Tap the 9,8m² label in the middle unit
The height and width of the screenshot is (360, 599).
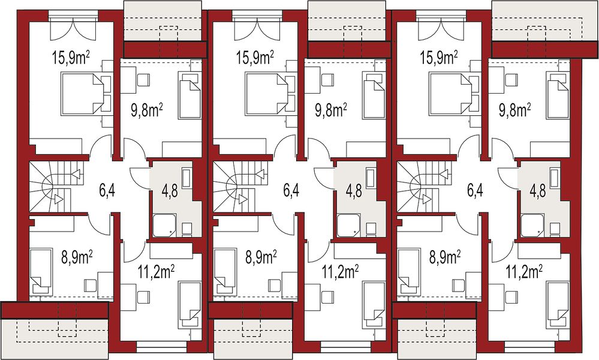coord(331,110)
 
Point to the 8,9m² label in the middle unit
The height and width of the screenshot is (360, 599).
coord(261,257)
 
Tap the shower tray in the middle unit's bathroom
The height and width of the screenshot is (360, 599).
coord(348,226)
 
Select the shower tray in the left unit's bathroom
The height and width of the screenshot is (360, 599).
coord(164,226)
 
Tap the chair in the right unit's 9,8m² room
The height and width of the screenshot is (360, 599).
coord(511,80)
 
